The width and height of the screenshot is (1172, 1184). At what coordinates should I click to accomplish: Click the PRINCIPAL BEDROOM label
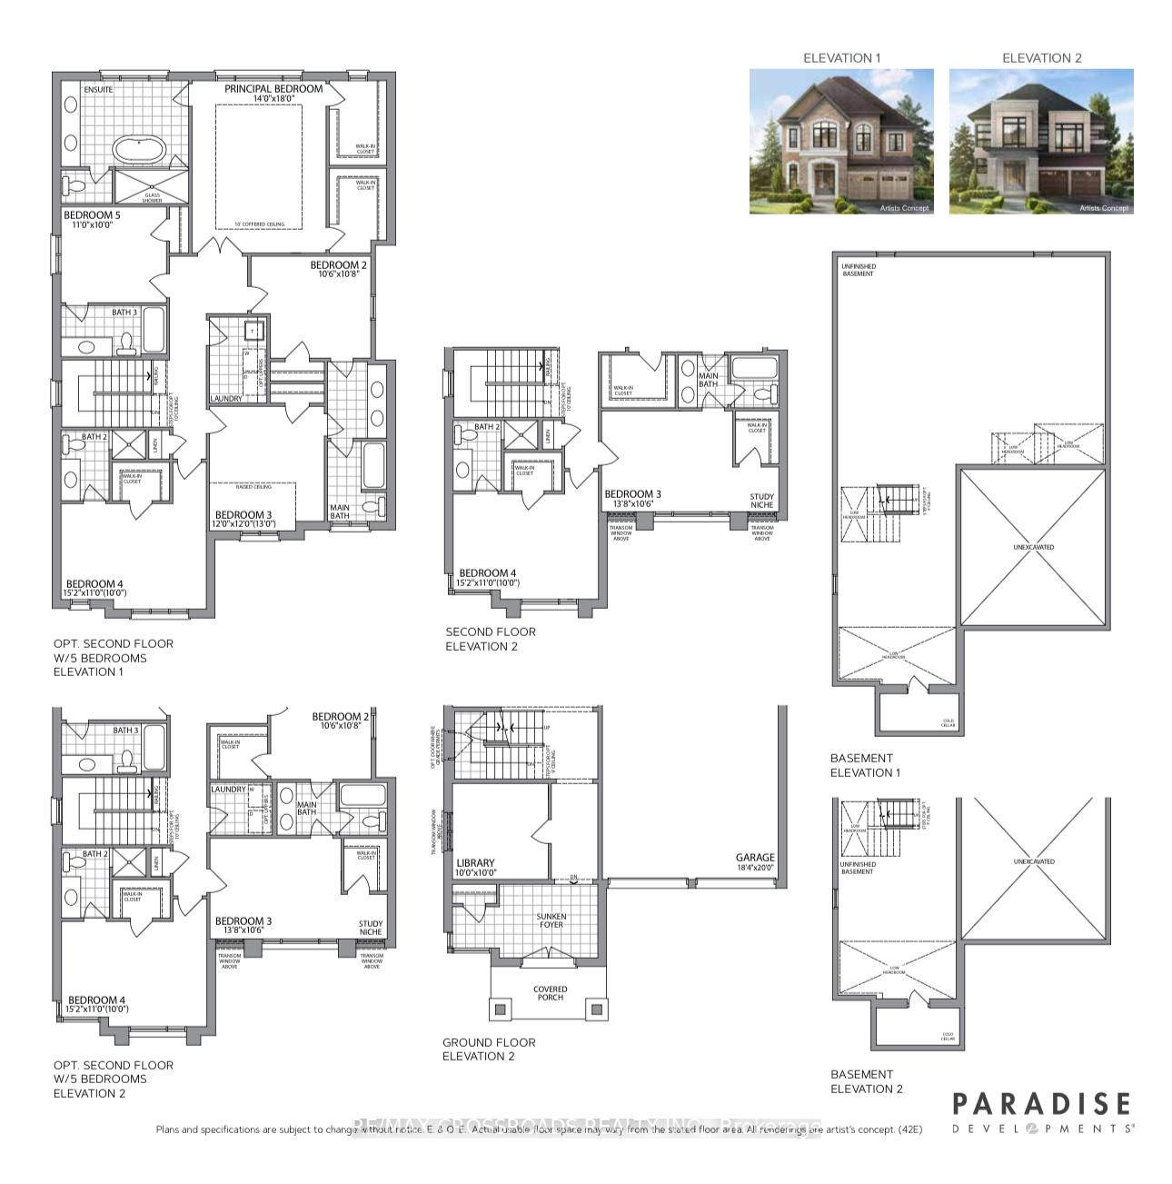tap(273, 89)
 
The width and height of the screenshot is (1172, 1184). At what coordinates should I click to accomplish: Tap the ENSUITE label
tap(98, 91)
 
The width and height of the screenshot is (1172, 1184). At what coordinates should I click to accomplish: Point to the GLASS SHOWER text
tap(152, 197)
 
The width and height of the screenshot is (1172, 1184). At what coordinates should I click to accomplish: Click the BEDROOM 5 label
tap(92, 215)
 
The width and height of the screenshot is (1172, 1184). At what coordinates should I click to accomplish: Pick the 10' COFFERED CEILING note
tap(259, 224)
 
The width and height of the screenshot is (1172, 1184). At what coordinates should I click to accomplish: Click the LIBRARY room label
tap(475, 863)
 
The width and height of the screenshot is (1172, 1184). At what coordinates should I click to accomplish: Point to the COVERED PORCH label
tap(550, 993)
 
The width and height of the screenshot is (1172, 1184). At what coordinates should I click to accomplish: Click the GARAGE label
tap(755, 857)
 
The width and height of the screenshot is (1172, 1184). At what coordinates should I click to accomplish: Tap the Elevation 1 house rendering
tap(841, 142)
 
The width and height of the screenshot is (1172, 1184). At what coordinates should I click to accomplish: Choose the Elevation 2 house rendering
tap(1041, 142)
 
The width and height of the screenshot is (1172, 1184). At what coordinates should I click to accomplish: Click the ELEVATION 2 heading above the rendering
tap(1041, 57)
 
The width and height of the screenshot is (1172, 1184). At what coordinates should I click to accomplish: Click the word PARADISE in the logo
tap(1041, 1104)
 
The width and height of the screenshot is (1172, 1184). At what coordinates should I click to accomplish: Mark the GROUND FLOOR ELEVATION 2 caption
tap(489, 1050)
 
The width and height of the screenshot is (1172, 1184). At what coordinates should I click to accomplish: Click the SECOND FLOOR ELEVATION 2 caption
tap(490, 639)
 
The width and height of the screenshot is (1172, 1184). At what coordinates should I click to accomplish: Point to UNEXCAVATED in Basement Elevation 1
tap(1034, 547)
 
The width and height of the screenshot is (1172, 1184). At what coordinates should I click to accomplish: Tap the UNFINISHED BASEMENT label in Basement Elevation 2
tap(857, 868)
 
